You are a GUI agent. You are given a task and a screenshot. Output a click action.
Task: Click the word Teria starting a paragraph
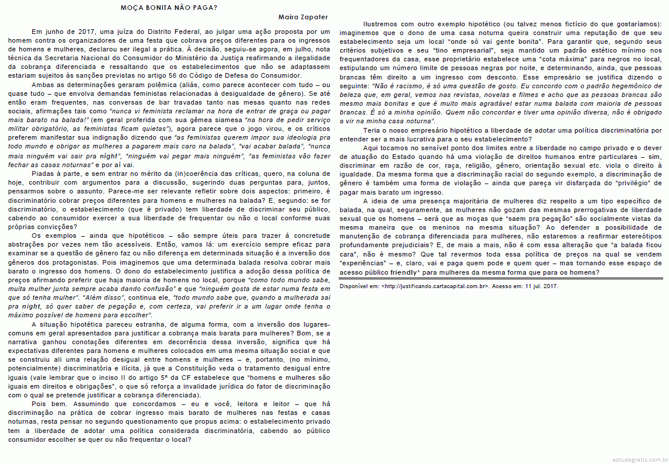(x=374, y=131)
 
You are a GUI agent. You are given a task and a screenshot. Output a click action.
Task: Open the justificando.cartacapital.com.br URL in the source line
(x=434, y=286)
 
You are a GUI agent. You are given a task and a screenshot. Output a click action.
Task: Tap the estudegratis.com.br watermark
(x=639, y=459)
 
